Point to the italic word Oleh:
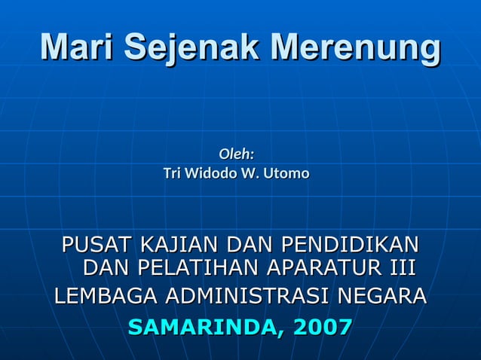point(236,154)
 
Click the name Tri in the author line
point(173,174)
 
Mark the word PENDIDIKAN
point(350,245)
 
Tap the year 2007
point(323,328)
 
